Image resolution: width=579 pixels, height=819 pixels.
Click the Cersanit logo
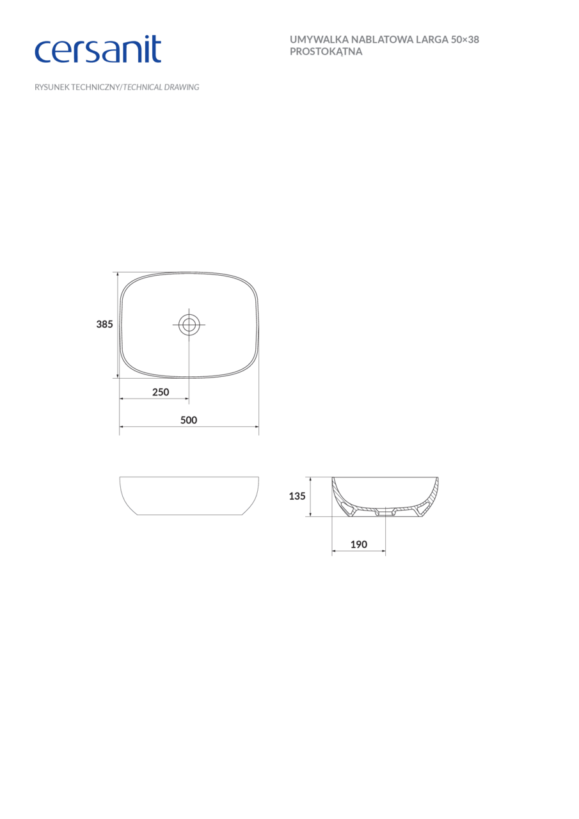[x=97, y=50]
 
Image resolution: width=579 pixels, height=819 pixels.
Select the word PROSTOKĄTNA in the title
[x=326, y=52]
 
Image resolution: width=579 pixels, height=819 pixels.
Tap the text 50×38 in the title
[x=465, y=40]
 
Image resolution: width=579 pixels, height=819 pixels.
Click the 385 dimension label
[x=104, y=324]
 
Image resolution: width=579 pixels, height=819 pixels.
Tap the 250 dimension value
[x=161, y=392]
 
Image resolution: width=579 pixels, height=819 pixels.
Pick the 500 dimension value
[x=189, y=420]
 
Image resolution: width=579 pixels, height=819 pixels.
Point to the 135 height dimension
[x=297, y=496]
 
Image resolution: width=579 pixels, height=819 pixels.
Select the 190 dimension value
[x=359, y=545]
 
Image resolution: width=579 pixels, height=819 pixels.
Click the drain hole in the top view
[x=189, y=324]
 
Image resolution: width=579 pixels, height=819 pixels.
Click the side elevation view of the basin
[x=189, y=496]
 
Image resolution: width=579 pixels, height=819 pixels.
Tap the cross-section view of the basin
[x=385, y=497]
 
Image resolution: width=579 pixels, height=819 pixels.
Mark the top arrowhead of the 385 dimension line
[x=118, y=274]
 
